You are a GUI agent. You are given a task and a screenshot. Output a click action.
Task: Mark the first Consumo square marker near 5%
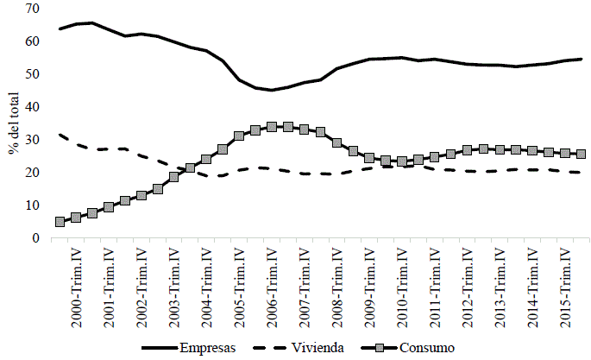(x=60, y=222)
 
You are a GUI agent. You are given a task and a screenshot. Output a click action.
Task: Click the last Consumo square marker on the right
(x=582, y=155)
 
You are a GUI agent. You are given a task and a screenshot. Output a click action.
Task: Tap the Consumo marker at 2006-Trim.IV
(x=272, y=127)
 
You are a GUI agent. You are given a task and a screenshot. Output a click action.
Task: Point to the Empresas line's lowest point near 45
(x=272, y=90)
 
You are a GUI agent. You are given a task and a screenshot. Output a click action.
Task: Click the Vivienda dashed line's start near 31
(x=60, y=135)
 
